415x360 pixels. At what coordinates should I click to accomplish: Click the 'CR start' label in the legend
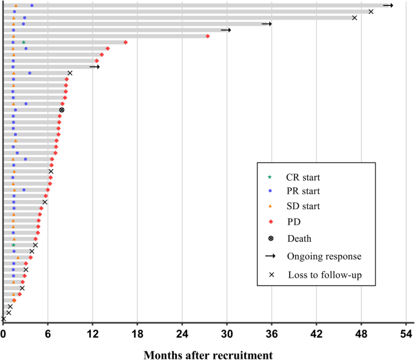[303, 178]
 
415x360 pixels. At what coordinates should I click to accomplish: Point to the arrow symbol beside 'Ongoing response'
[271, 256]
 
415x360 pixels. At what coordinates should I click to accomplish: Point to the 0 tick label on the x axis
[4, 333]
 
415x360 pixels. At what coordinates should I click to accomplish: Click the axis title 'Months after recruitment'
[208, 353]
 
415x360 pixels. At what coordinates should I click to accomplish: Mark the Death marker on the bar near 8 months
[62, 110]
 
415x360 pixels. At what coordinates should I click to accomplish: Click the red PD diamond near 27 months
[208, 36]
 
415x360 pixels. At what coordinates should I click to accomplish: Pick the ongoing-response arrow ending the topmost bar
[388, 5]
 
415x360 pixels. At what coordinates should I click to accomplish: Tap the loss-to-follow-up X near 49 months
[371, 12]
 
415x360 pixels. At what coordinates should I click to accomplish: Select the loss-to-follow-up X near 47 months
[354, 18]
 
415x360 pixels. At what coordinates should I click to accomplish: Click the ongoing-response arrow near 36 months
[267, 24]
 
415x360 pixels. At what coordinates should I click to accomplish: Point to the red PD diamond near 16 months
[125, 42]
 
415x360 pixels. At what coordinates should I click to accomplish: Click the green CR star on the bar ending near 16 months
[24, 42]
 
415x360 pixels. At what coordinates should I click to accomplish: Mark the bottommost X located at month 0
[4, 319]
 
